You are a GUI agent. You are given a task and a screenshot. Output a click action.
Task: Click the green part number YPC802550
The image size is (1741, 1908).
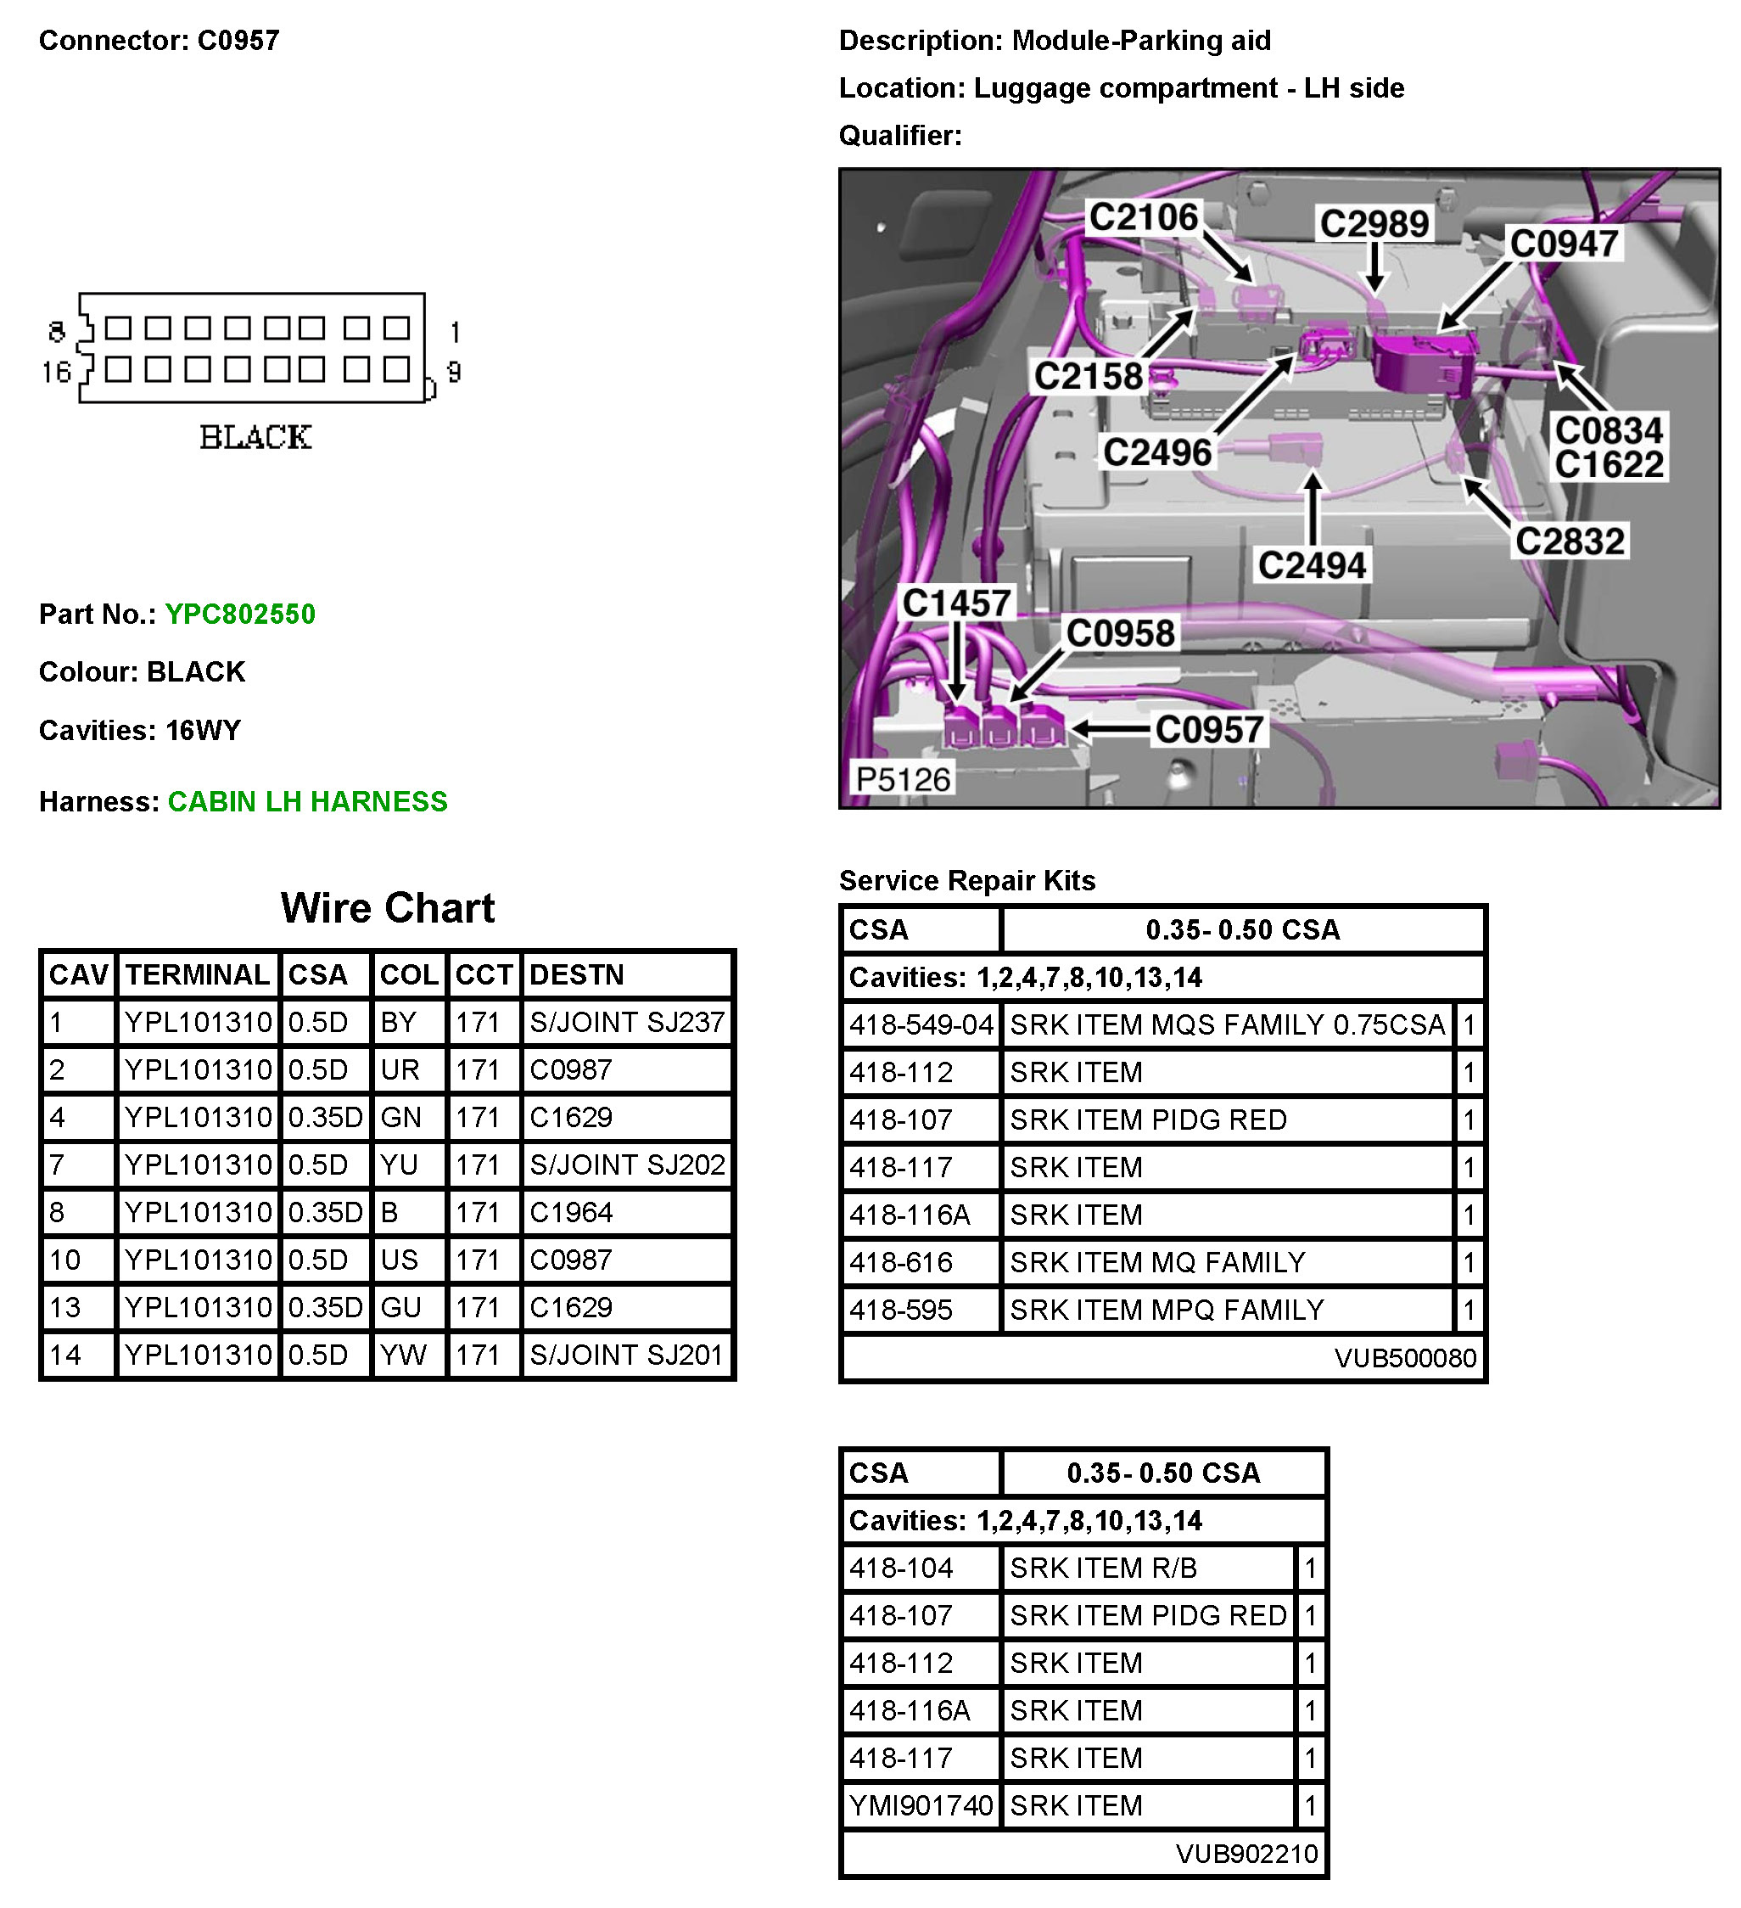239,614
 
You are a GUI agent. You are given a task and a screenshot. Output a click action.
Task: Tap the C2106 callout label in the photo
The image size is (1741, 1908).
1143,217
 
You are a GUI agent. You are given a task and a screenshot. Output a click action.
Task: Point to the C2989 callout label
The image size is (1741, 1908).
1374,224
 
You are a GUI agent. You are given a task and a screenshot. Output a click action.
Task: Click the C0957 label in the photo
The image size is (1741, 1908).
1209,730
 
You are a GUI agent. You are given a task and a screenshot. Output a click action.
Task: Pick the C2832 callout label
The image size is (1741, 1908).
1570,542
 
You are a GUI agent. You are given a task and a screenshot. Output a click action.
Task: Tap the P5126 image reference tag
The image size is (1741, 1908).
902,780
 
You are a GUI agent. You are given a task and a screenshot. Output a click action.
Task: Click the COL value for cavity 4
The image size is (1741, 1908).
400,1118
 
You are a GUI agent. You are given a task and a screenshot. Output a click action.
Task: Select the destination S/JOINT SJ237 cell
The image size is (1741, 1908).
626,1022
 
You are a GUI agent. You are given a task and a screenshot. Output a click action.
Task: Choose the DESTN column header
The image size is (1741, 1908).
576,975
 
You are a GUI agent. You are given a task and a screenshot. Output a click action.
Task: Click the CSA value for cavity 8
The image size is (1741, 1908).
325,1212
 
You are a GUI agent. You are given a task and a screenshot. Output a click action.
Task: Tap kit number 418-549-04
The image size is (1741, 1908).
921,1025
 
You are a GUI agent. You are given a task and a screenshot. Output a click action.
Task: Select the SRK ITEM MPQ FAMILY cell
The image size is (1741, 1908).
1166,1310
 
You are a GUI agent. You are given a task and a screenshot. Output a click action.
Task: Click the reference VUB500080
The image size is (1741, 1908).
1404,1358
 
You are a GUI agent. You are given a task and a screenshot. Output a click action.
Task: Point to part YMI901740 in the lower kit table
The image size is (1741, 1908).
921,1806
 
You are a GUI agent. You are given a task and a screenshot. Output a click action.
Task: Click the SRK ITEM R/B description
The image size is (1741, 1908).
1102,1568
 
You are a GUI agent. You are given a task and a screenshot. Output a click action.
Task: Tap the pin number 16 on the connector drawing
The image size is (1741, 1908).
56,372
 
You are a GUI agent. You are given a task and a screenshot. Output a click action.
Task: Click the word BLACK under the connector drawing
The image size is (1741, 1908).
255,437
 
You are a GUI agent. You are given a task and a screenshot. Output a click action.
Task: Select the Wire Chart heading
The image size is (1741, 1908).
387,908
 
